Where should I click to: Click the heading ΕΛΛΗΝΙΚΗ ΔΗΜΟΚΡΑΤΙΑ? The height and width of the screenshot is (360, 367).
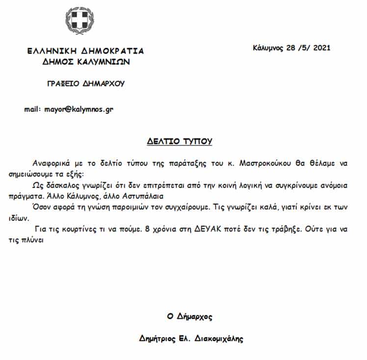86,51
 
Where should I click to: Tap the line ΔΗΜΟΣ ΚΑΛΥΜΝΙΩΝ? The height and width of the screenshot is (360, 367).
86,62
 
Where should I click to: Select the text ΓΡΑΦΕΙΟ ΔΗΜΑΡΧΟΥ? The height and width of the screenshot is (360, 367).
85,83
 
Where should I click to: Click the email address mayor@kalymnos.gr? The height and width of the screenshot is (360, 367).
79,109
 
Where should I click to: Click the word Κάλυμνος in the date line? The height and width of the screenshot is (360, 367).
267,48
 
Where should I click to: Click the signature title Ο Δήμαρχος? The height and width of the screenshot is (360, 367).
189,317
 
